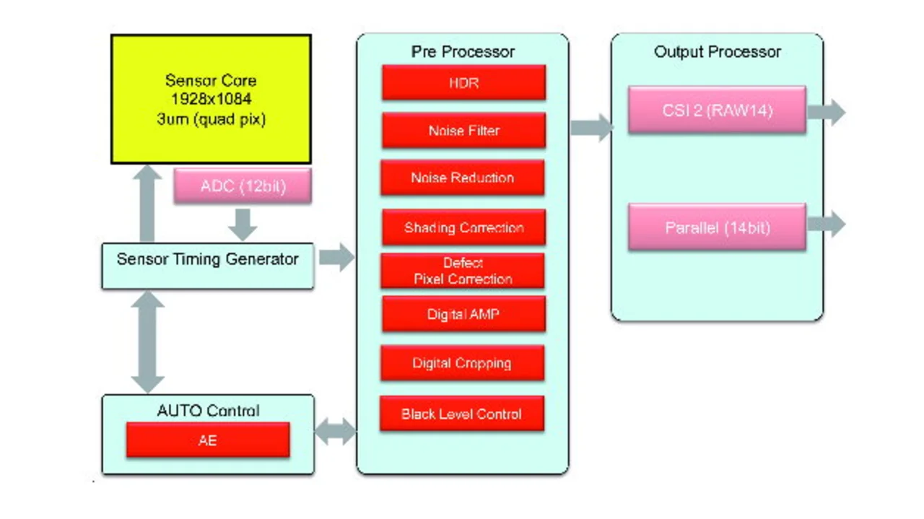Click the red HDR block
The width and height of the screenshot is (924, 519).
click(x=463, y=82)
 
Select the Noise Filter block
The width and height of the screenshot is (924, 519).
click(x=463, y=131)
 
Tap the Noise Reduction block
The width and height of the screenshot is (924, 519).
click(x=463, y=178)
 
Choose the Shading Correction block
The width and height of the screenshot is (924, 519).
click(x=463, y=227)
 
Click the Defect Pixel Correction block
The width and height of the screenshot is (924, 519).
click(x=463, y=271)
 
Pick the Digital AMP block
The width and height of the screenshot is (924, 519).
click(x=463, y=314)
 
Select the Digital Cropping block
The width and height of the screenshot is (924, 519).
click(x=463, y=363)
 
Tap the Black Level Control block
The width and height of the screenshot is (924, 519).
click(x=462, y=414)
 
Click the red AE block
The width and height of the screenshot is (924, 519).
click(x=208, y=440)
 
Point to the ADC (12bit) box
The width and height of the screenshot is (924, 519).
click(x=243, y=186)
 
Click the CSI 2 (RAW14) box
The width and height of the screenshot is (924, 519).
click(x=717, y=110)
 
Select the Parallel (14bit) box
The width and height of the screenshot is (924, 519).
click(x=717, y=227)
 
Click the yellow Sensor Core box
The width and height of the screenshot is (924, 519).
click(x=211, y=99)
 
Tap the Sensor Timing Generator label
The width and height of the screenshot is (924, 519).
click(x=207, y=259)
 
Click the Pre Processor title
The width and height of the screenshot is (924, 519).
click(x=463, y=51)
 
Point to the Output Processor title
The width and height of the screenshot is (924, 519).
click(x=718, y=51)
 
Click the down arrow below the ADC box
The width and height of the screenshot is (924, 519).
click(x=243, y=224)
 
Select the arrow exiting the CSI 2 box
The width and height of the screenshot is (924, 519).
click(x=827, y=112)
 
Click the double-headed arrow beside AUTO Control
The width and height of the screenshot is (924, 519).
click(x=336, y=432)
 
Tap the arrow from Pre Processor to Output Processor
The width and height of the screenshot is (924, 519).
click(x=591, y=128)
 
